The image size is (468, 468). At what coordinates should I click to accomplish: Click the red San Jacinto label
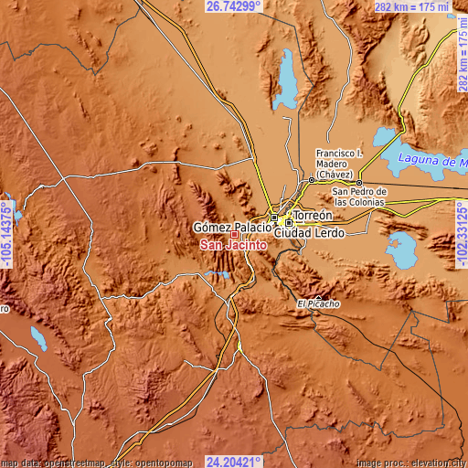click(x=233, y=246)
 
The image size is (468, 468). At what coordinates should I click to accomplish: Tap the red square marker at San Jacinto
click(x=234, y=235)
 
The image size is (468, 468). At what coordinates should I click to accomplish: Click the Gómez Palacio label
click(x=231, y=226)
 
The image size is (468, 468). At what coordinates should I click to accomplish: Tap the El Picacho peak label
click(x=319, y=303)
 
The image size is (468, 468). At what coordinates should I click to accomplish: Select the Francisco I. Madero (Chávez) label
click(x=339, y=164)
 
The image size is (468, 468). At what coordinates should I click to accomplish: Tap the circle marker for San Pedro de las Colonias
click(x=360, y=182)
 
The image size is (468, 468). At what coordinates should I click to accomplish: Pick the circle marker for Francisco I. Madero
click(x=311, y=180)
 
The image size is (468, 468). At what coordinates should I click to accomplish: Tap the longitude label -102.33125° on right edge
click(x=461, y=233)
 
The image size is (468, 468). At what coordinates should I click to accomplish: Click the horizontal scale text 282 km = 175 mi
click(x=410, y=7)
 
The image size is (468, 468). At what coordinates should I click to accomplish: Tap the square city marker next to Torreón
click(x=290, y=222)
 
